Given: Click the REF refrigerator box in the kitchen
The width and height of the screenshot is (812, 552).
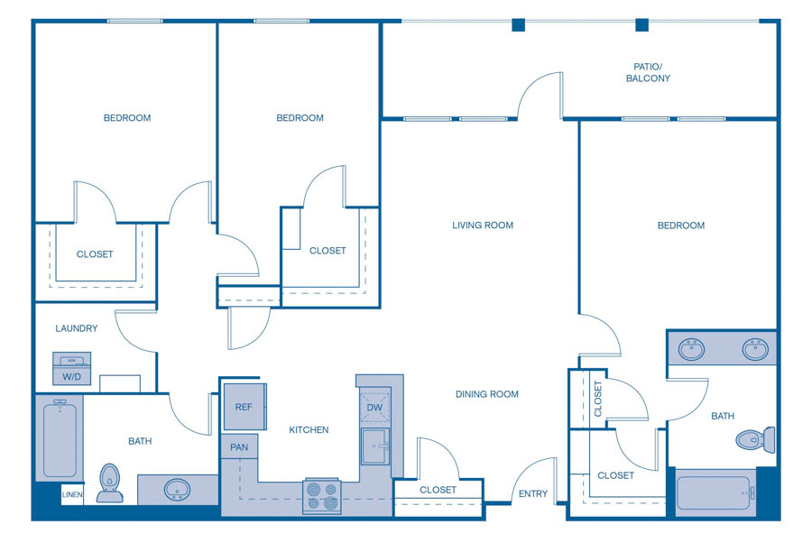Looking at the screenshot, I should (245, 407).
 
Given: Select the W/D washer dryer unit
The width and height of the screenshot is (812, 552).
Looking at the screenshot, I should (71, 370).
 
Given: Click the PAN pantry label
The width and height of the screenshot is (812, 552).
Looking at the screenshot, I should (239, 447).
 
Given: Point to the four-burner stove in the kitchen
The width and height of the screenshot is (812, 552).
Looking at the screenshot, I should (322, 496).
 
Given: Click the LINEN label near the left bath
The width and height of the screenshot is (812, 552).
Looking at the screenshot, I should (71, 495).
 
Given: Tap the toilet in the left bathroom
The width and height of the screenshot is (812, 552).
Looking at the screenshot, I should (109, 482).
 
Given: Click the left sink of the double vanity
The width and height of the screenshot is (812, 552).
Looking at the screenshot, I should (692, 348).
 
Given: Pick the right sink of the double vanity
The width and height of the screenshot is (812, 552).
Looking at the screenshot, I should (755, 348).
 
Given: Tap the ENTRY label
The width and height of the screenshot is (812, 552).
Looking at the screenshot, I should (532, 493).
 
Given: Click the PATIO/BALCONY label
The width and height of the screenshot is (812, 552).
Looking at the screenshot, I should (648, 72).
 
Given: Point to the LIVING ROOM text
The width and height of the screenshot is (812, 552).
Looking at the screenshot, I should (483, 225).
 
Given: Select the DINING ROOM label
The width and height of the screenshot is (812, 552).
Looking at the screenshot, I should (487, 394).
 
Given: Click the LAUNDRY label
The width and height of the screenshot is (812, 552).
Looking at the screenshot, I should (77, 328).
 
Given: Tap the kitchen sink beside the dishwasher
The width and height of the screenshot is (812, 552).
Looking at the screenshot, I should (375, 446).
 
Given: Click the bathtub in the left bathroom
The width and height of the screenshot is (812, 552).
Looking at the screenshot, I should (60, 440).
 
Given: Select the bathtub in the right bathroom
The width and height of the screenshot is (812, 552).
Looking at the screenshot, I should (715, 492).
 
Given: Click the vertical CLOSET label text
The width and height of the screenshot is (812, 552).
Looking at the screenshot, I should (598, 398).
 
